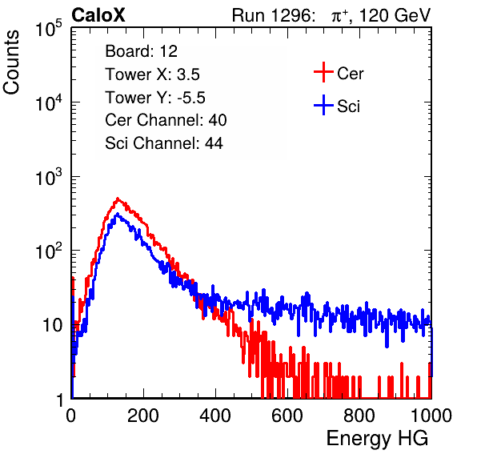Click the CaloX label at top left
tap(98, 15)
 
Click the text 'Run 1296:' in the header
tap(273, 15)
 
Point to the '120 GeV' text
tap(395, 15)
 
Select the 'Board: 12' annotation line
tap(141, 51)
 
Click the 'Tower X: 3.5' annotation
tap(152, 74)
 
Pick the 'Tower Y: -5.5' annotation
tap(155, 98)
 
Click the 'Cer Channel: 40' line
tap(166, 120)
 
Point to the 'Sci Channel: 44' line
tap(164, 143)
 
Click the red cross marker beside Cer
tap(323, 72)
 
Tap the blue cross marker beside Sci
tap(323, 105)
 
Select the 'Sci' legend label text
tap(349, 106)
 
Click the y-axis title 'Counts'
tap(11, 62)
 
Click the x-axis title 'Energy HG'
tap(377, 439)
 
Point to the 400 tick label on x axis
tap(215, 416)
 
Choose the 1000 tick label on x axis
tap(431, 416)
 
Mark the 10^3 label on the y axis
tap(49, 177)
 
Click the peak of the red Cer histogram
tap(118, 199)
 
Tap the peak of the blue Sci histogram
tap(118, 215)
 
